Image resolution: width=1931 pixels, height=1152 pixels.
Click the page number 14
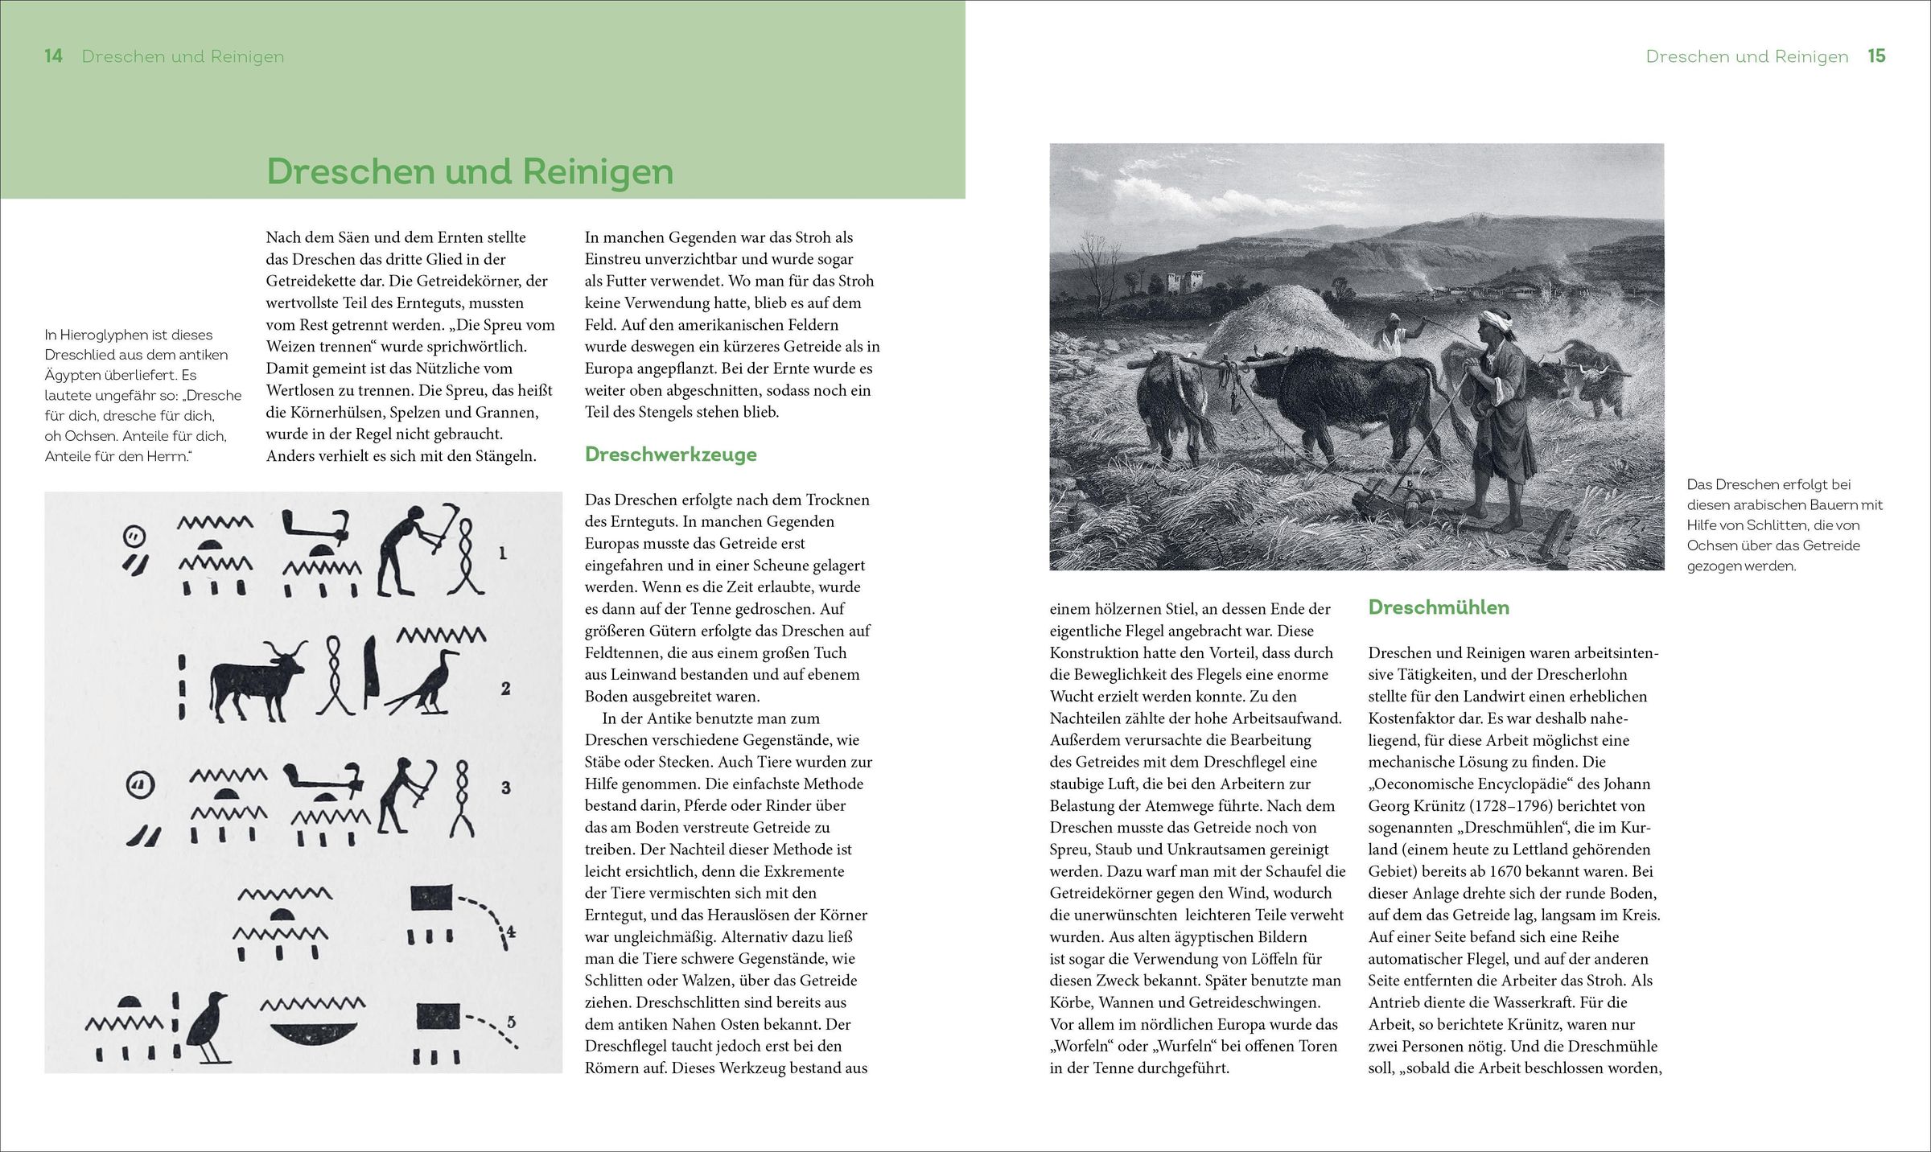pyautogui.click(x=53, y=56)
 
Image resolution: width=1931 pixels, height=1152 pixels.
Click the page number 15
pyautogui.click(x=1876, y=56)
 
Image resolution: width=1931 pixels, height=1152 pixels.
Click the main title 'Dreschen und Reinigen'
pyautogui.click(x=470, y=171)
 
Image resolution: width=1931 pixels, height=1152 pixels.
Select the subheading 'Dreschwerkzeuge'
pyautogui.click(x=670, y=455)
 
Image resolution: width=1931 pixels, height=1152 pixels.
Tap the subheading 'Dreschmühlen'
pyautogui.click(x=1438, y=607)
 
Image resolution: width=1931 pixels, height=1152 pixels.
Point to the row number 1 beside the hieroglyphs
pyautogui.click(x=503, y=553)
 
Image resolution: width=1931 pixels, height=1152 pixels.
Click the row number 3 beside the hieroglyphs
pyautogui.click(x=506, y=788)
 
